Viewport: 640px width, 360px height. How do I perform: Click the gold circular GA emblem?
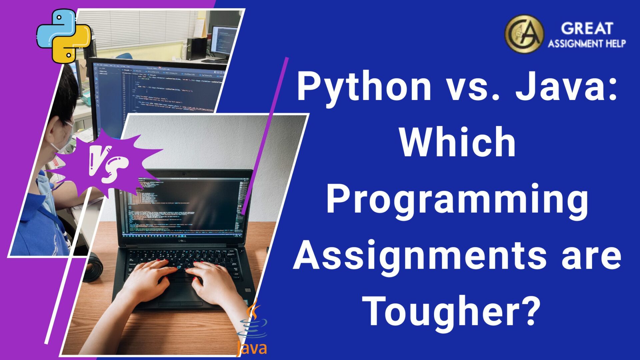pos(524,33)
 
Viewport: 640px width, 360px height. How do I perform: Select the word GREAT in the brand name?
pos(587,28)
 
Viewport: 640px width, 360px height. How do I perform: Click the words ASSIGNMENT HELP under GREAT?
pos(587,44)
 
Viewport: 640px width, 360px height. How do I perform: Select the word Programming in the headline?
pos(457,200)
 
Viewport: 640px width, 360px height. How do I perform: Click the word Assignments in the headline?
pos(420,257)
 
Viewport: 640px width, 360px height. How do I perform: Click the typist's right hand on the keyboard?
pos(213,280)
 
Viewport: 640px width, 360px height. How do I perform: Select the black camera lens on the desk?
pos(93,267)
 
